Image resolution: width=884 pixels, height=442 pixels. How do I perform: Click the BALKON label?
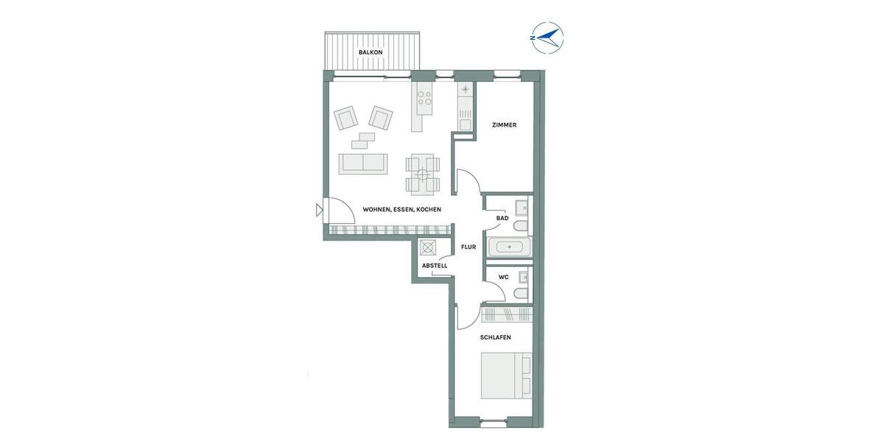370,53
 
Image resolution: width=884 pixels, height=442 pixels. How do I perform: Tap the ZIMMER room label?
504,125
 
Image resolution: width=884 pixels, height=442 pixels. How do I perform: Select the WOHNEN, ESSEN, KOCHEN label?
401,210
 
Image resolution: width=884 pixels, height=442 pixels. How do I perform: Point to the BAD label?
502,218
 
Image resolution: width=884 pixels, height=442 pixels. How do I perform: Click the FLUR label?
469,248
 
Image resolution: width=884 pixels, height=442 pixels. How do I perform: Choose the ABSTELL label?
435,265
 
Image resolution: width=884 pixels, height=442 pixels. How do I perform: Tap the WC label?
504,278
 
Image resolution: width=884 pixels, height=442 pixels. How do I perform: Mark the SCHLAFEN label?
495,337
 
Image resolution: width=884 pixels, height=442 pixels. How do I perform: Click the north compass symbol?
547,37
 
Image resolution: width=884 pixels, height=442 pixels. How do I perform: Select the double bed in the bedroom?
505,376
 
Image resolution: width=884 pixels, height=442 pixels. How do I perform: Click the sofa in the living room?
362,164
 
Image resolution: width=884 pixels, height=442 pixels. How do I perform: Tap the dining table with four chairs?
424,175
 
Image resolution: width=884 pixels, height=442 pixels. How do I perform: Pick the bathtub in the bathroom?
510,246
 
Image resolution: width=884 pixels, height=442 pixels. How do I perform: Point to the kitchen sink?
465,90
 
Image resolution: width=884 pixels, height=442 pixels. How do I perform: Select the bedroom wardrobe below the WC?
506,315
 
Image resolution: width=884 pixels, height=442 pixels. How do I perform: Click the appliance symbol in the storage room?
428,248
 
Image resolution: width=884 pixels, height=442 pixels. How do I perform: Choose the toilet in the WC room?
521,294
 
